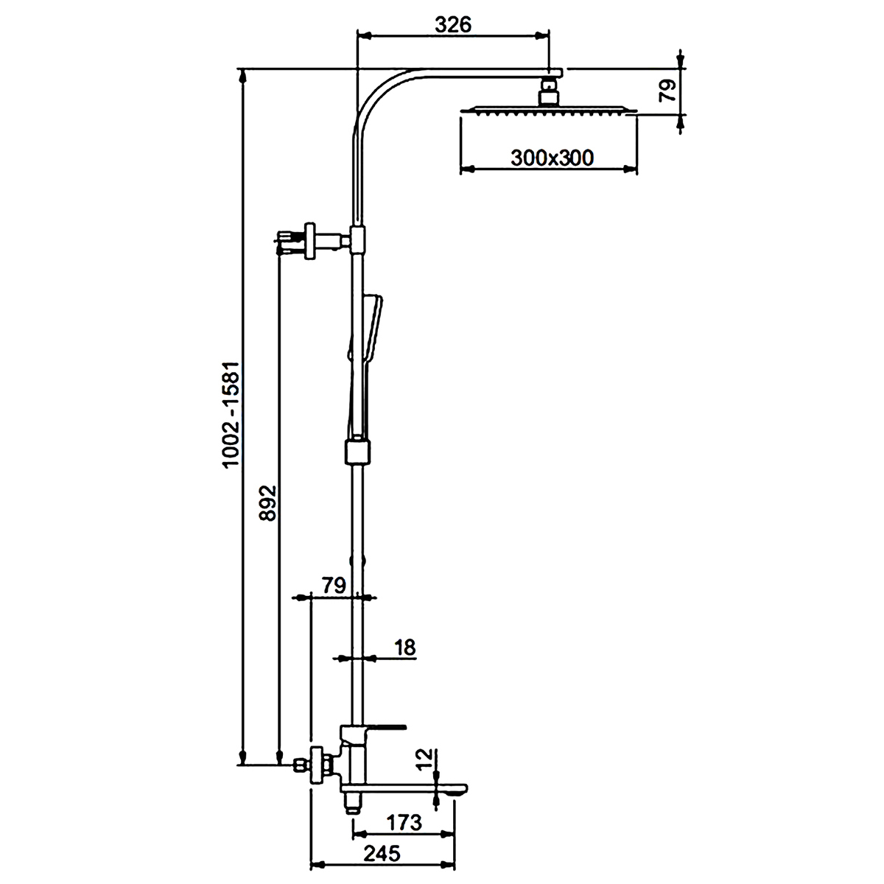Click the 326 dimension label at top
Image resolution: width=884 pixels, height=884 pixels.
(x=452, y=25)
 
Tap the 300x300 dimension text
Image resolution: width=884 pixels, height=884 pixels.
(x=552, y=158)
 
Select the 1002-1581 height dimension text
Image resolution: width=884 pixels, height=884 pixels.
(x=231, y=414)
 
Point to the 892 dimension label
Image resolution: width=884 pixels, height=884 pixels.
(x=268, y=503)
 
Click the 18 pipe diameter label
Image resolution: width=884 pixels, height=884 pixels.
(x=404, y=648)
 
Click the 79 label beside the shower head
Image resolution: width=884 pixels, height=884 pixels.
(x=667, y=91)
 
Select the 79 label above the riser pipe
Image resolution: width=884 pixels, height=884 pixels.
(x=334, y=586)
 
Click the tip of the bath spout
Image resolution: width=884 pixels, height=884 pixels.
(x=466, y=788)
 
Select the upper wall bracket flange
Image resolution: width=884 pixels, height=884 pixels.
(x=311, y=242)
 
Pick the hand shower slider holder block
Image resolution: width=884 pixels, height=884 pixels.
(x=357, y=452)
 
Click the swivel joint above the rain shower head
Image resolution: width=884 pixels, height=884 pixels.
(x=549, y=91)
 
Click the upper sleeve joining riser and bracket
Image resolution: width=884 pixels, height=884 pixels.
(x=358, y=239)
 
